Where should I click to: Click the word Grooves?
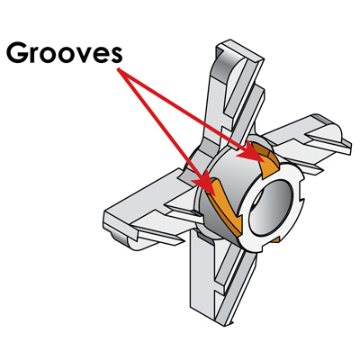[x=65, y=53]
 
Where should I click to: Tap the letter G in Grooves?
[x=16, y=53]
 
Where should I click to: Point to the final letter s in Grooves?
[x=116, y=56]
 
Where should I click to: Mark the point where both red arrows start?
[x=119, y=69]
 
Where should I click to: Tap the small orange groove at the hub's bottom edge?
[x=276, y=239]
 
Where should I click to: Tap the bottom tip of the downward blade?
[x=223, y=324]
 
